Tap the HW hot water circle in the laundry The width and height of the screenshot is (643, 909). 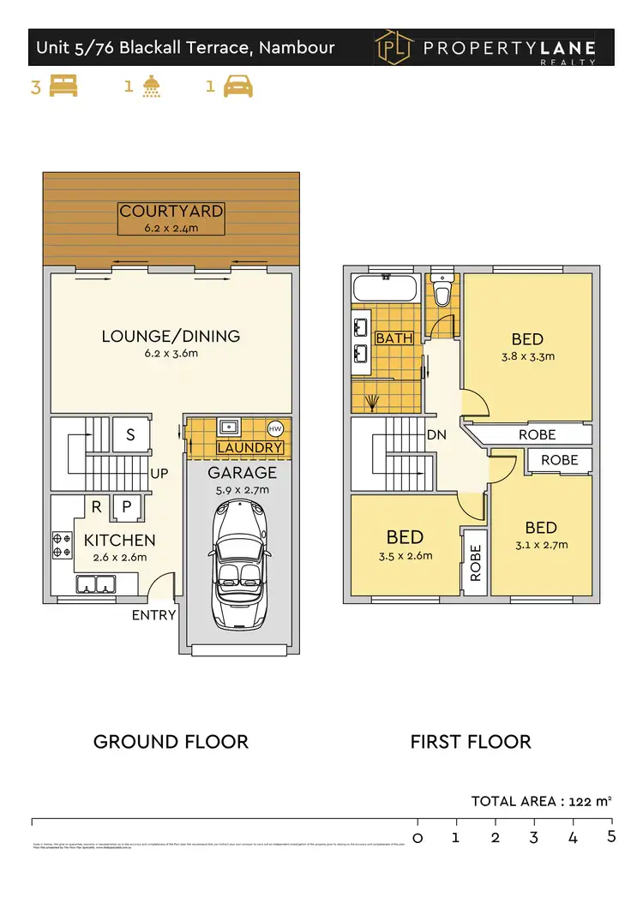click(275, 429)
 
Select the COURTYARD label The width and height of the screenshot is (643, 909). click(171, 211)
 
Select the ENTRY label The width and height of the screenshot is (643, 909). click(154, 615)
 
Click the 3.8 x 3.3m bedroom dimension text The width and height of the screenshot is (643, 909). click(527, 356)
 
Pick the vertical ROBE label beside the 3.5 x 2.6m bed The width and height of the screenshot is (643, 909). click(475, 563)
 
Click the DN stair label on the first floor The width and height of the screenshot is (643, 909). click(437, 434)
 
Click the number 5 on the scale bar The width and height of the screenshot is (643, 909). click(611, 836)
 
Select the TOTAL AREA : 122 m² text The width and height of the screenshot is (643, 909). click(541, 802)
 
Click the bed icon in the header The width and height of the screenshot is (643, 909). click(63, 87)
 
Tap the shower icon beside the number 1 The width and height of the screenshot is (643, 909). click(153, 87)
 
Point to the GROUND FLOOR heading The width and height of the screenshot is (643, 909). click(171, 742)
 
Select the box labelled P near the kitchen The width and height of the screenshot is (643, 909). click(126, 507)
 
